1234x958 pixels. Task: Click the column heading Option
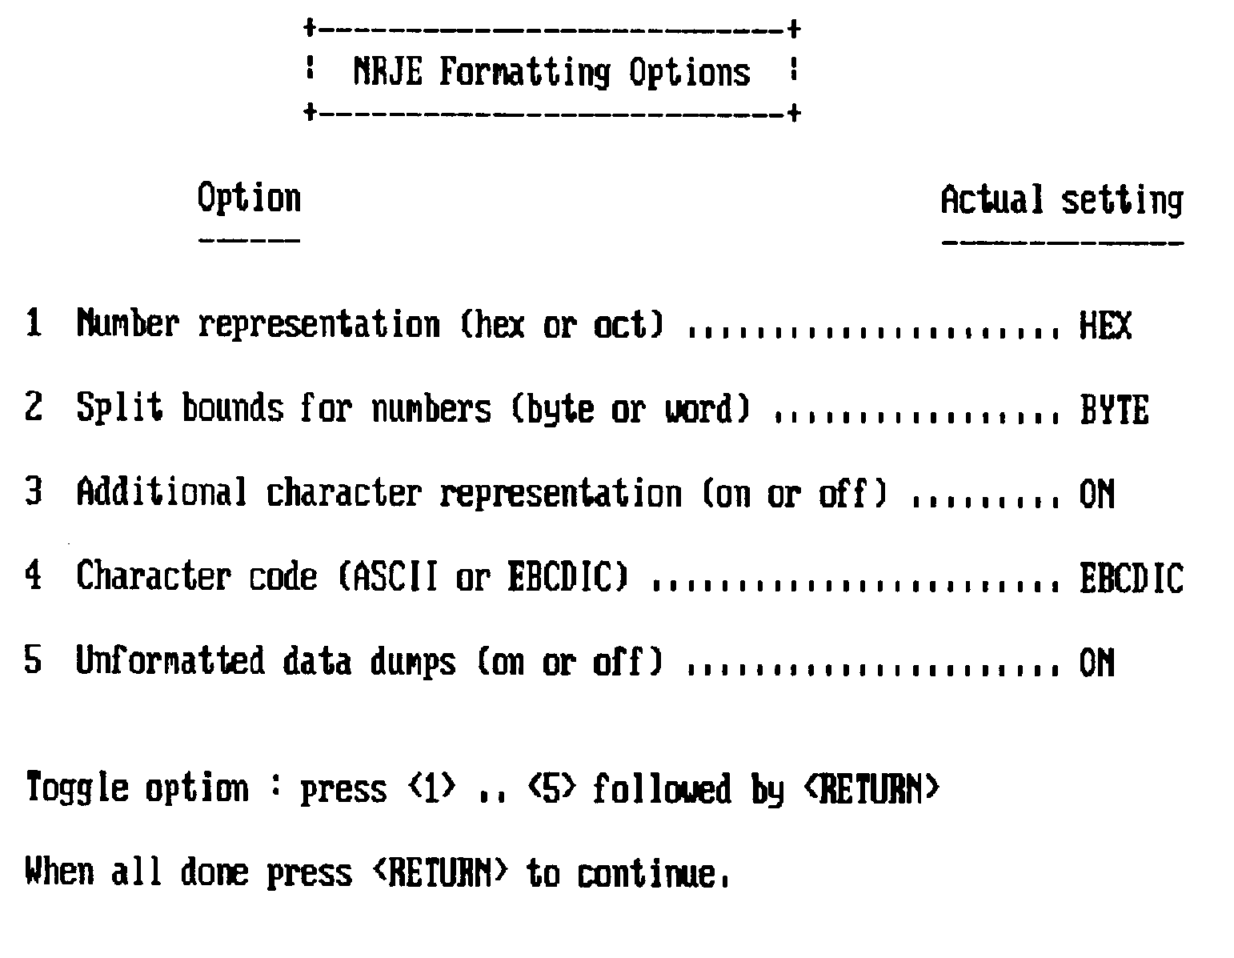coord(249,198)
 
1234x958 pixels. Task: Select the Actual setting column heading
coord(1061,199)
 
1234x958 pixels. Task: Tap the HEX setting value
coord(1105,325)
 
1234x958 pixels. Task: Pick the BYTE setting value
coord(1113,410)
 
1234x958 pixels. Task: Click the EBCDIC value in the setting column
coord(1131,579)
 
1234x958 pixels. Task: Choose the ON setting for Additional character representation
coord(1096,494)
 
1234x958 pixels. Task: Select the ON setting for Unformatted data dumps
coord(1096,663)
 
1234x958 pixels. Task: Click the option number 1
coord(33,324)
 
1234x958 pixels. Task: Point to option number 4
coord(33,577)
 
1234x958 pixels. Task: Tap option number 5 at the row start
coord(33,662)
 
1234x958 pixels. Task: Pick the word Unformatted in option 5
coord(170,662)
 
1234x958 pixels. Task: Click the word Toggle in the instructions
coord(77,789)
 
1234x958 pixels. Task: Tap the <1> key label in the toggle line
coord(432,788)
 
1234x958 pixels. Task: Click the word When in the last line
coord(59,872)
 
